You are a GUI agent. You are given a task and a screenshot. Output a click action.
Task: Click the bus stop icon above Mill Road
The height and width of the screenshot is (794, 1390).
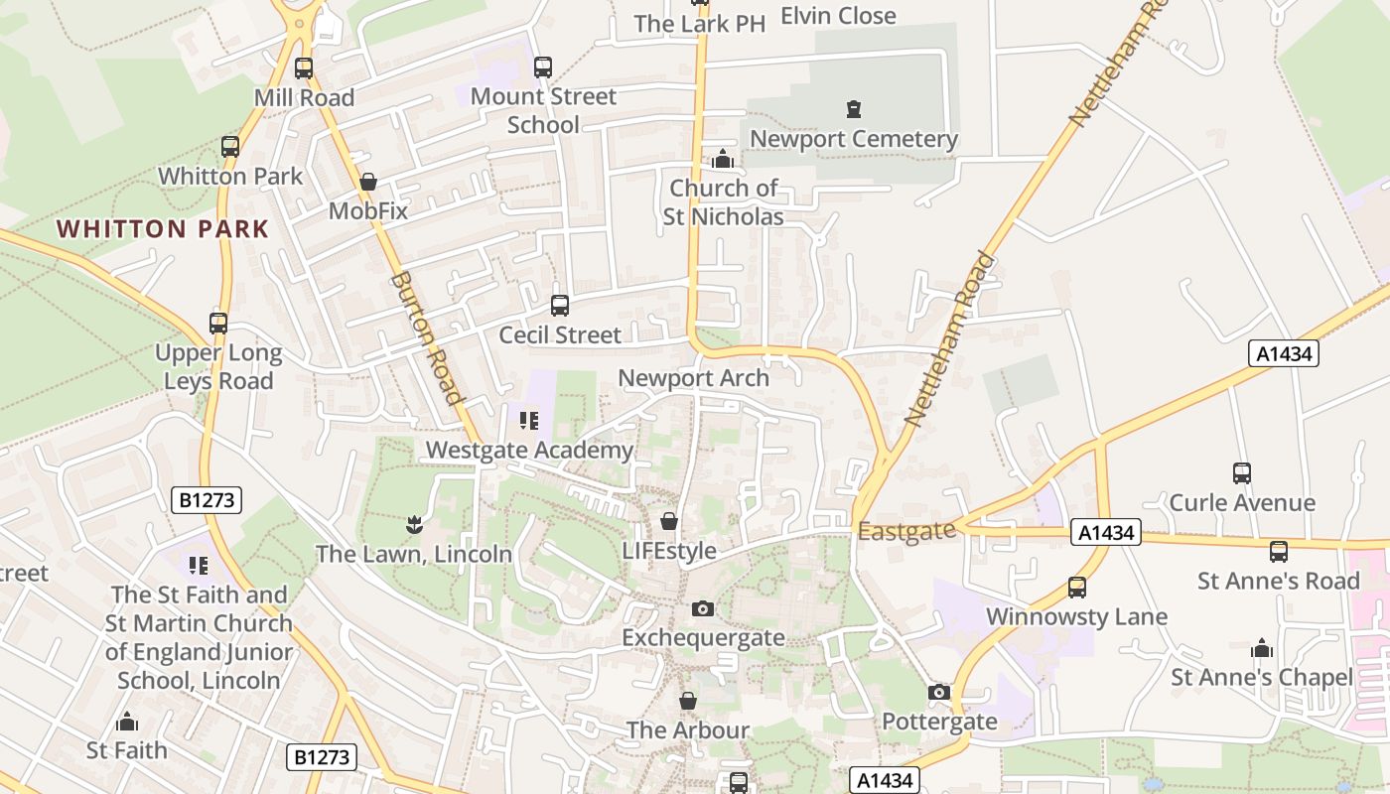coord(304,68)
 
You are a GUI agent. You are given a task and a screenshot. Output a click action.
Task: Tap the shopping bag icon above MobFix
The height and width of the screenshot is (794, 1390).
coord(368,182)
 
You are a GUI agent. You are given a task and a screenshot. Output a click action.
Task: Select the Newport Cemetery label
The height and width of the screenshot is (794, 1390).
coord(853,139)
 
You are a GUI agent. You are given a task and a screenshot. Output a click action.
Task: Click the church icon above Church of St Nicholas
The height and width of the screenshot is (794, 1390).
coord(723,159)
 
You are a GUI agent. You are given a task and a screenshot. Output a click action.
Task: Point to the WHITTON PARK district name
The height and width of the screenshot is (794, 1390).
coord(163,229)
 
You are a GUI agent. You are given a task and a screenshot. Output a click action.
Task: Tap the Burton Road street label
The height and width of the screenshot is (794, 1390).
coord(428,338)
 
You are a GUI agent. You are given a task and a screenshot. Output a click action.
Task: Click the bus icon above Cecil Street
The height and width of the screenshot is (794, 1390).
coord(560,306)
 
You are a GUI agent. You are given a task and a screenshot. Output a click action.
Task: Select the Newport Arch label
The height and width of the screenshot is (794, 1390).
coord(693,378)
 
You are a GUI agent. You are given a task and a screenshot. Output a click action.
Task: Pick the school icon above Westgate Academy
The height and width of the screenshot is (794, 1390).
coord(529,421)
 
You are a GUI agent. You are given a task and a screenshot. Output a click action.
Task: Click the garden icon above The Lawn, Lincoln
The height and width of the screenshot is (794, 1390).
coord(414,523)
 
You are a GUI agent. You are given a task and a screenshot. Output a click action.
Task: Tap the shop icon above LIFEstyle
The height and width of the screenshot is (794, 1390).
coord(669,521)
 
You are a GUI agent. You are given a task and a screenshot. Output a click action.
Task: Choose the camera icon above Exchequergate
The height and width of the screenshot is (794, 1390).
coord(703,608)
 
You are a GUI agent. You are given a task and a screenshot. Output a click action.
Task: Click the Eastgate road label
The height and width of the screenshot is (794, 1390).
coord(906,532)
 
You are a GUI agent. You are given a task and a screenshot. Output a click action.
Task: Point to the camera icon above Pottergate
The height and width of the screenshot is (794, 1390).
coord(939,692)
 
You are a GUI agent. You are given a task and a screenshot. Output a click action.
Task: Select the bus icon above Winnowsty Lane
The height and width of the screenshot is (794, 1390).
coord(1076,588)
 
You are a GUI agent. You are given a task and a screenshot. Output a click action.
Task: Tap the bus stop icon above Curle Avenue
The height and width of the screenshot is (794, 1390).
coord(1241,473)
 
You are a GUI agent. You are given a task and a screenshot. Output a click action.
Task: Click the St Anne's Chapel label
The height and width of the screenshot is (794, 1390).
coord(1261,678)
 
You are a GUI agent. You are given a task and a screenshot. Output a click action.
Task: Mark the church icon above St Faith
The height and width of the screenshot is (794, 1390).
coord(127,722)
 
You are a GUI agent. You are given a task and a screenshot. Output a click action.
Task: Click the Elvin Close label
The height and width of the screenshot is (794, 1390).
coord(838,16)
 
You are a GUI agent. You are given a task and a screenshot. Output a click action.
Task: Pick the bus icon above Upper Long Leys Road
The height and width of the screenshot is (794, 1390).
coord(218,324)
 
